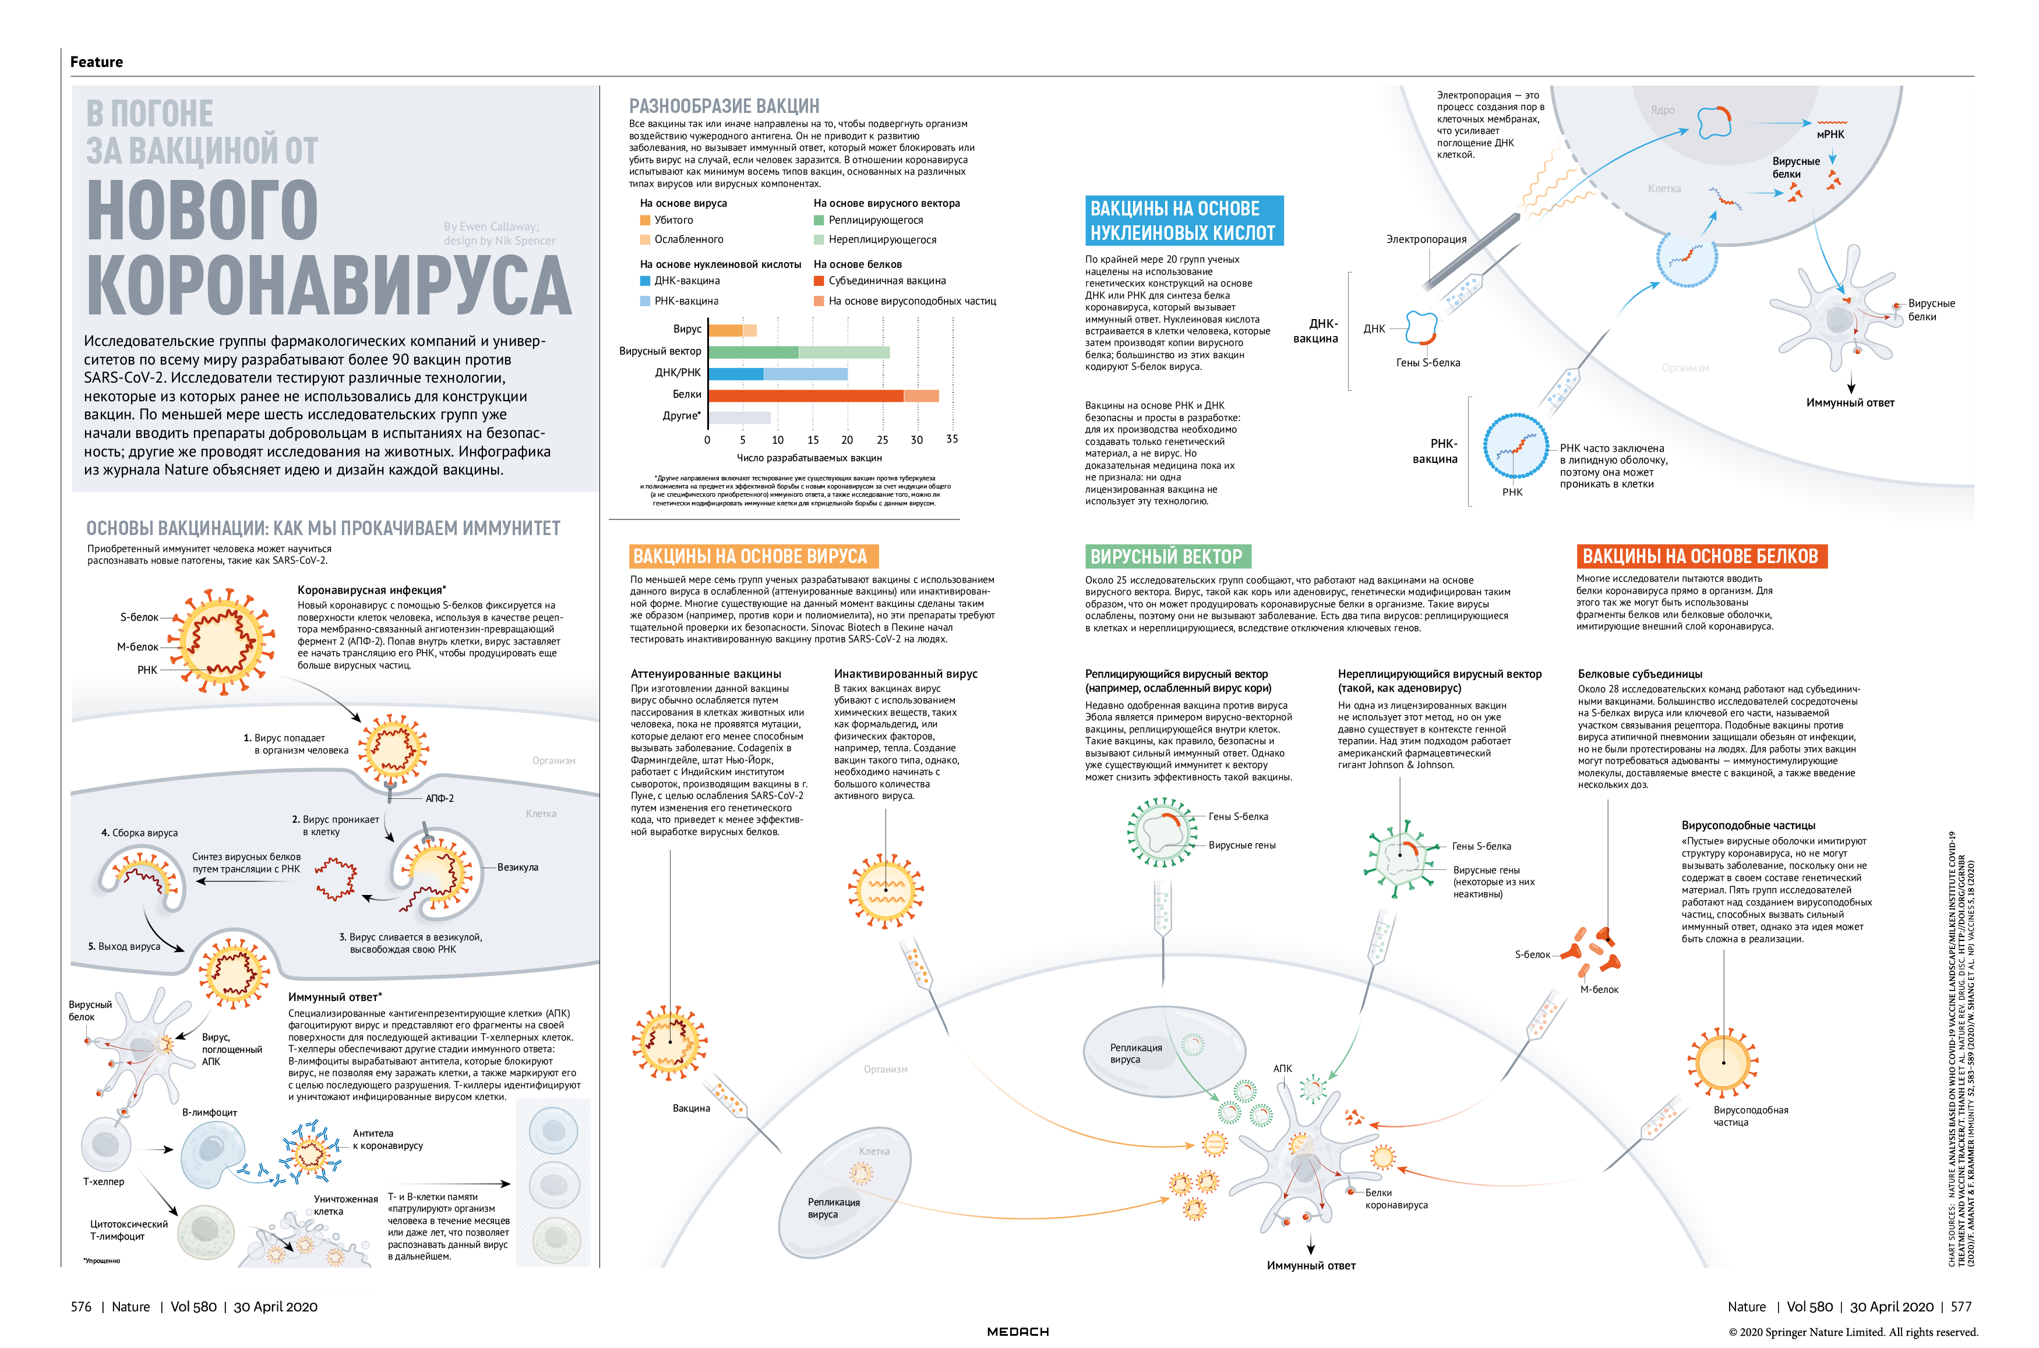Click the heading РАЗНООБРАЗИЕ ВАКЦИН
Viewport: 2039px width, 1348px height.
[724, 106]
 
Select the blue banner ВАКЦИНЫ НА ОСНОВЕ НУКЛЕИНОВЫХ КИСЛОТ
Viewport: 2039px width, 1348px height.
[1183, 221]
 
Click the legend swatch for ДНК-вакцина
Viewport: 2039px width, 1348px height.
[645, 281]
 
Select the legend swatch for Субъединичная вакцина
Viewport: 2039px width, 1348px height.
[819, 281]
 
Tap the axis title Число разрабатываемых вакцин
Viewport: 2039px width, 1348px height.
[809, 458]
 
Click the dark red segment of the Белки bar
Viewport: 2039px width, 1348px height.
[805, 395]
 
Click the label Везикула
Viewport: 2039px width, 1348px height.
[518, 868]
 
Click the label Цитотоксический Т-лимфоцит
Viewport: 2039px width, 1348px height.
[129, 1230]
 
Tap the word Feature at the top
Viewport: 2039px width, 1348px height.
[96, 62]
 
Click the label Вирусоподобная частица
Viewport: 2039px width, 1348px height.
[1750, 1116]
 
